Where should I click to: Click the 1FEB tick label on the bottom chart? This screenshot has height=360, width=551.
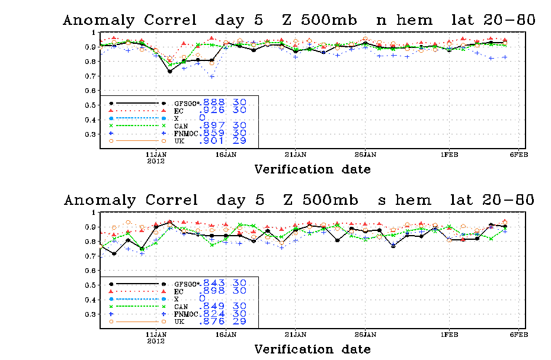coord(449,334)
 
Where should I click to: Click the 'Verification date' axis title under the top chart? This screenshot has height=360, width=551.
coord(313,170)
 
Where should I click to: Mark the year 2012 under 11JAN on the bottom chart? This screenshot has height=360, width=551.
coord(156,341)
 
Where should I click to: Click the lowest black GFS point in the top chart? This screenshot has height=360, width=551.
coord(170,71)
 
